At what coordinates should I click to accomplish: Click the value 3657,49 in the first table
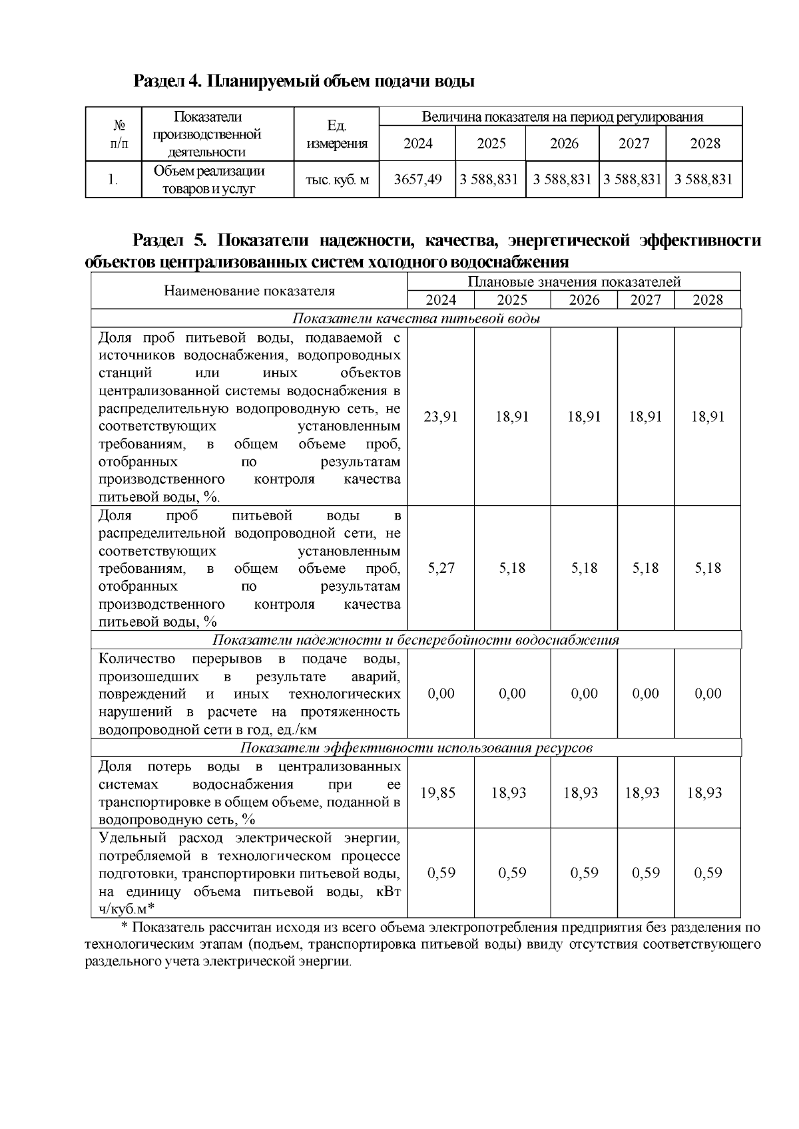(417, 179)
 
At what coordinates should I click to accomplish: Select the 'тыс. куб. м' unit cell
(337, 179)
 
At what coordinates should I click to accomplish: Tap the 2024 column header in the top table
(417, 143)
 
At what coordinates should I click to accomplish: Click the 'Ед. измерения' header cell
(337, 134)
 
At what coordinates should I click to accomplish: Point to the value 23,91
(441, 416)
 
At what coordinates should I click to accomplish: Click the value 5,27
(441, 567)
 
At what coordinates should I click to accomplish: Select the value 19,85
(438, 792)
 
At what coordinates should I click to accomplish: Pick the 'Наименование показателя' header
(249, 291)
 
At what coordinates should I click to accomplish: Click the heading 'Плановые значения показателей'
(574, 282)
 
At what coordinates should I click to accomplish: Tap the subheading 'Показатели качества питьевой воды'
(416, 318)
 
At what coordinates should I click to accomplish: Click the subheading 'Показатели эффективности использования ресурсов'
(416, 748)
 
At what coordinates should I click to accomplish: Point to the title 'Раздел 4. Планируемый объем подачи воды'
(304, 82)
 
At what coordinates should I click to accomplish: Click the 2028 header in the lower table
(707, 300)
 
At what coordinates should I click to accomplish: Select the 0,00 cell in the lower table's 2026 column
(584, 693)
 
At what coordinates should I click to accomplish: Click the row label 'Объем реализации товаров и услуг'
(209, 180)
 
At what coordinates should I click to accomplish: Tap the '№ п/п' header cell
(114, 134)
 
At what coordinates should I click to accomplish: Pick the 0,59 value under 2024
(441, 873)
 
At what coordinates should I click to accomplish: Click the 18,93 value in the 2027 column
(643, 792)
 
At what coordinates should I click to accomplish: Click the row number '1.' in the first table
(114, 179)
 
